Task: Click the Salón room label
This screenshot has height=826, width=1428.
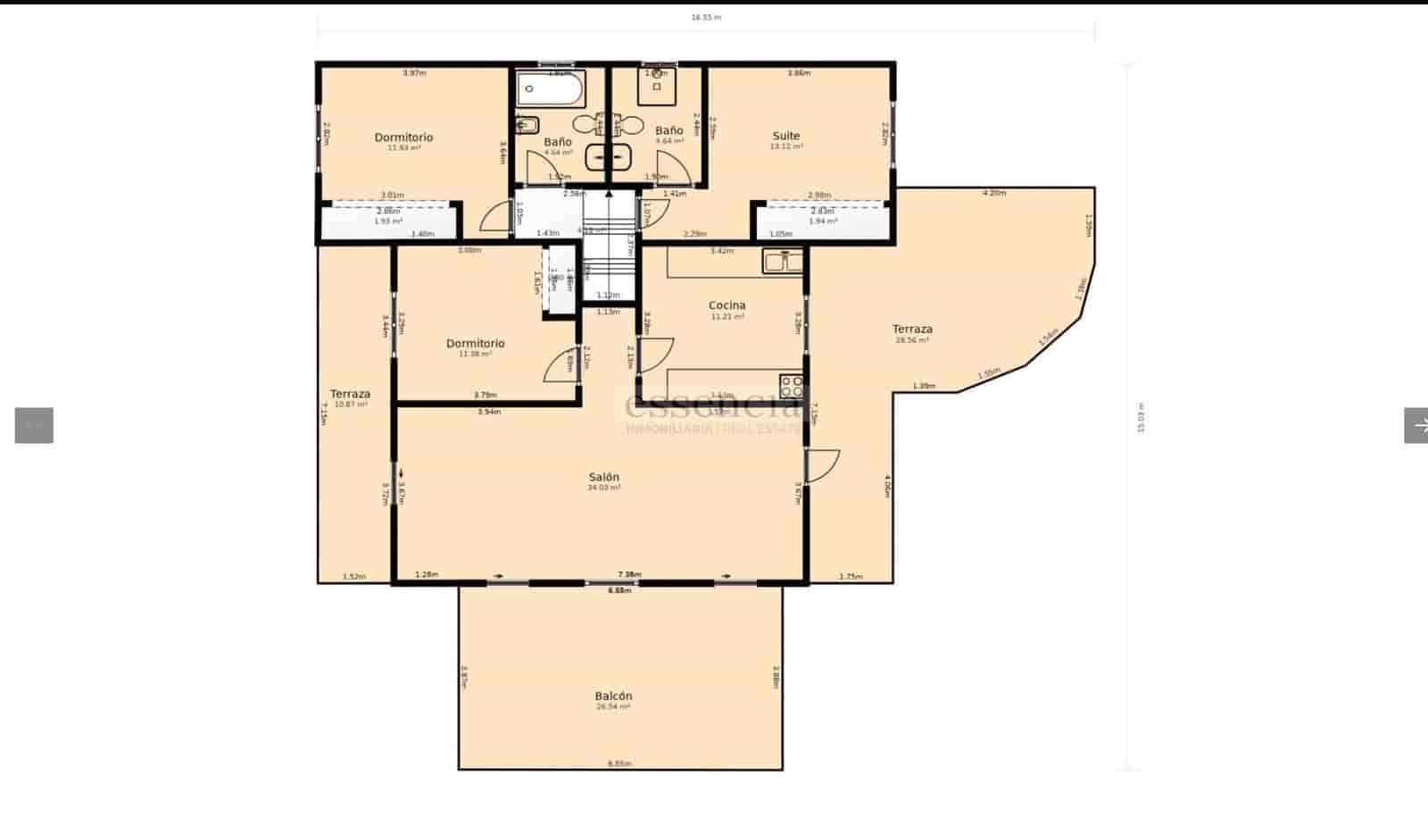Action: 603,477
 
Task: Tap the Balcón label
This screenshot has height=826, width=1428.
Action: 613,696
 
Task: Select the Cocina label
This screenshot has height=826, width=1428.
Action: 726,305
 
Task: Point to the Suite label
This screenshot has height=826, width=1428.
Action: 785,137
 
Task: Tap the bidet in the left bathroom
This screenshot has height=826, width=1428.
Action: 527,124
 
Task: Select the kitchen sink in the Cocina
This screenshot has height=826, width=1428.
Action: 783,261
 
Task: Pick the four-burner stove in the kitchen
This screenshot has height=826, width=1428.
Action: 792,386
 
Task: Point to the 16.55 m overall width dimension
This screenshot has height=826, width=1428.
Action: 705,17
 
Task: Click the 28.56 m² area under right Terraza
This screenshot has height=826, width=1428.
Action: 912,340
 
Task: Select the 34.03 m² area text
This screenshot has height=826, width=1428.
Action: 603,488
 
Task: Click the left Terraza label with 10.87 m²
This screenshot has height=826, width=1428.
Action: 350,394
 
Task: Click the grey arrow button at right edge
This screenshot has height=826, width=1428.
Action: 1416,426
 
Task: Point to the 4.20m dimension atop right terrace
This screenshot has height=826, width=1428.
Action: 993,193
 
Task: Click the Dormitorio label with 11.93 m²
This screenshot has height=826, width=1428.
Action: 403,138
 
